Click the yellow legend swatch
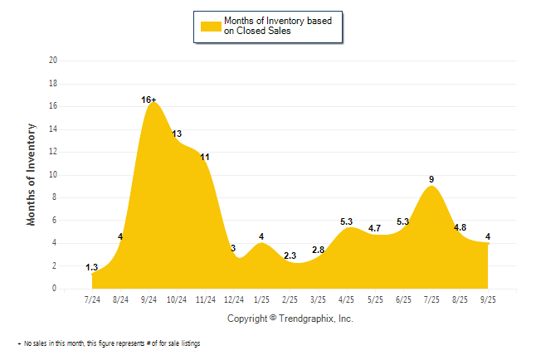[211, 26]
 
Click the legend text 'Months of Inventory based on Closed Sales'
[282, 26]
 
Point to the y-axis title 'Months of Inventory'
[32, 174]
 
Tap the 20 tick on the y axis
[53, 61]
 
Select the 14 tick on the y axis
[53, 129]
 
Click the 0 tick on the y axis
[55, 289]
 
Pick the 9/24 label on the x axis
[149, 299]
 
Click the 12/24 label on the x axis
[234, 299]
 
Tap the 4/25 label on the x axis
[347, 299]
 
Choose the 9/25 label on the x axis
[488, 299]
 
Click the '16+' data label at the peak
[149, 100]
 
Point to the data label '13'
[177, 134]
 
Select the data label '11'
[205, 157]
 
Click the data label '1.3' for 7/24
[92, 267]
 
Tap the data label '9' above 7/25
[431, 179]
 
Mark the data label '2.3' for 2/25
[290, 255]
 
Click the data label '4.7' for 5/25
[375, 228]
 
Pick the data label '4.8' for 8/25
[460, 227]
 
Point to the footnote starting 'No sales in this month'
[112, 343]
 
